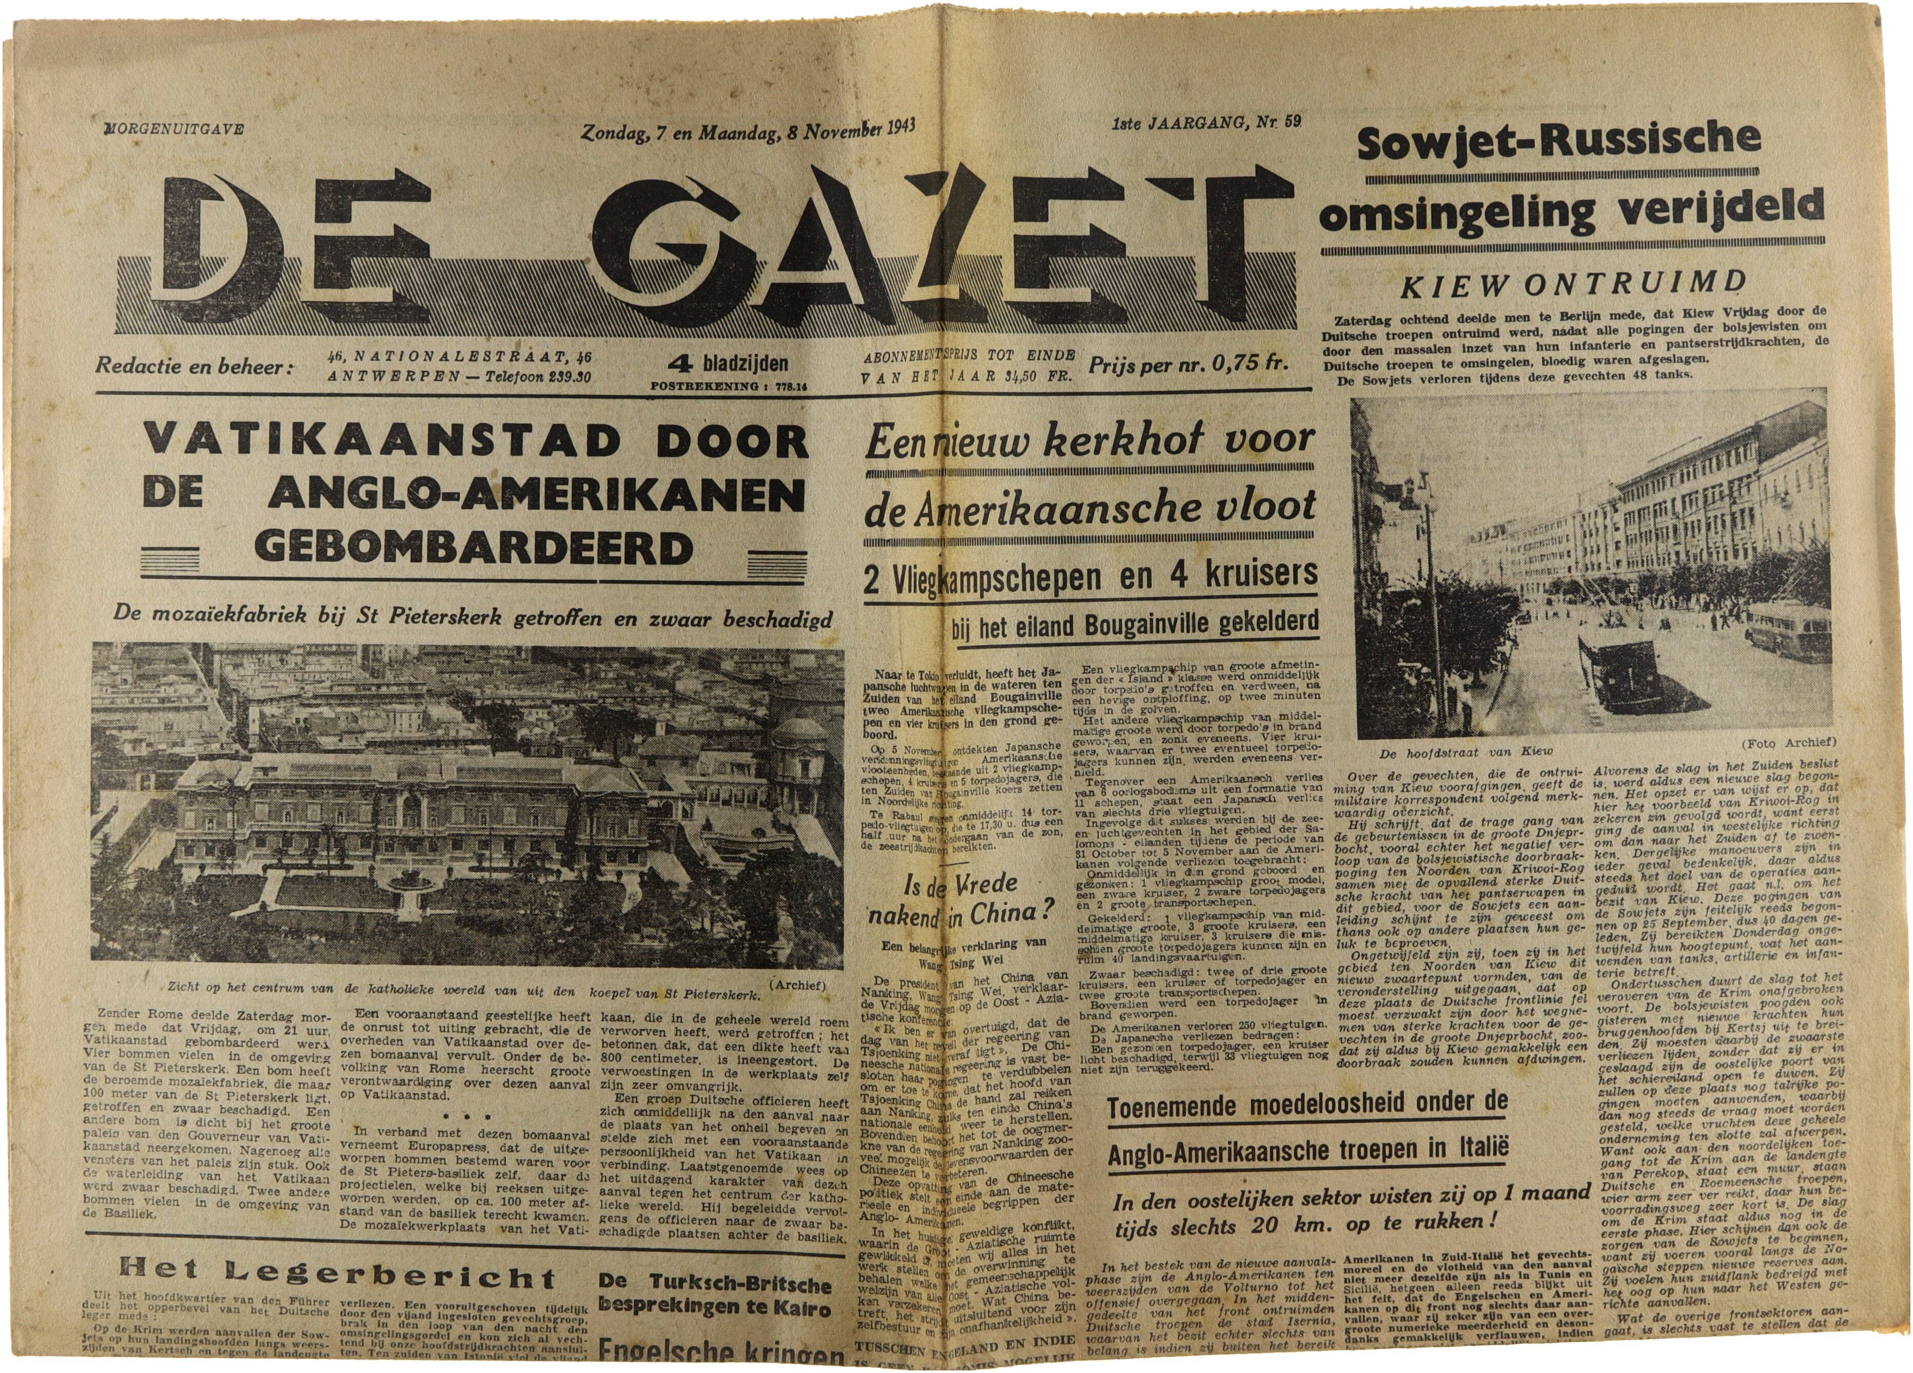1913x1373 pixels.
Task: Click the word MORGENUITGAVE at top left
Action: tap(173, 129)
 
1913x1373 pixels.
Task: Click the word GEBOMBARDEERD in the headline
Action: tap(473, 549)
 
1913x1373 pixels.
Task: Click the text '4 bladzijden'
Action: tap(729, 364)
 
